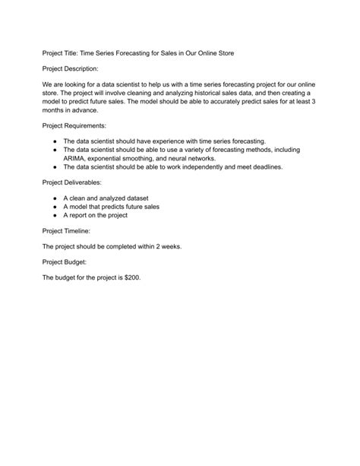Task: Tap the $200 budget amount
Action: coord(131,277)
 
